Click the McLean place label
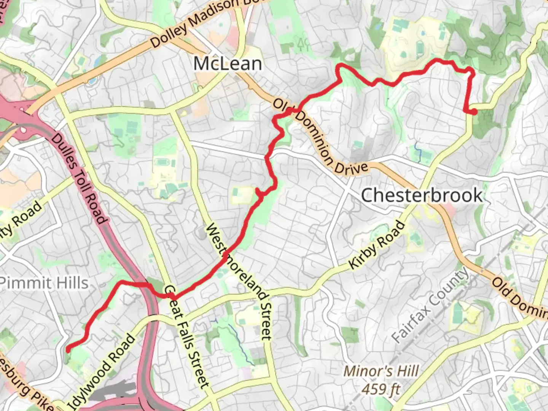tap(228, 63)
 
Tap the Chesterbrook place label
tap(422, 195)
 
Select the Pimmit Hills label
tap(44, 283)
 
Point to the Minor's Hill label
tap(381, 371)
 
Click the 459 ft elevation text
tap(381, 389)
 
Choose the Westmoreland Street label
tap(239, 282)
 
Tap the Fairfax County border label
tap(430, 304)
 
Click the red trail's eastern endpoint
tap(475, 112)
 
